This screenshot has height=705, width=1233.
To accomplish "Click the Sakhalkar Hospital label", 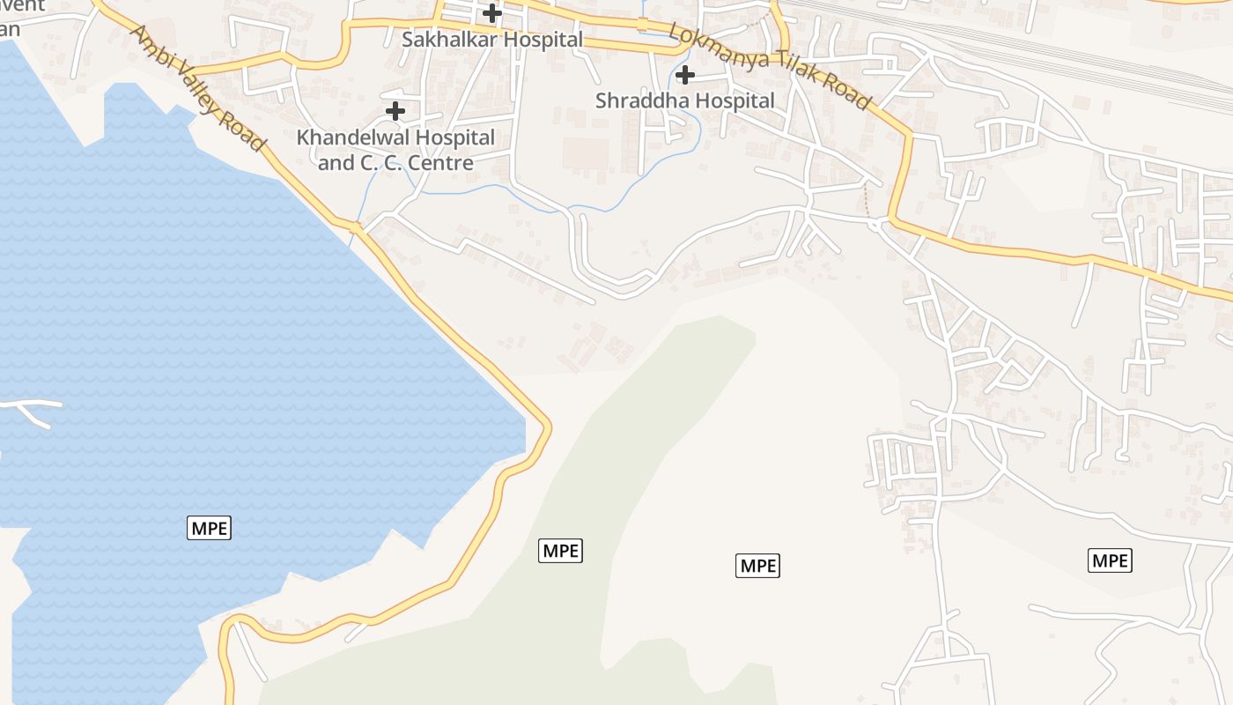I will (x=492, y=40).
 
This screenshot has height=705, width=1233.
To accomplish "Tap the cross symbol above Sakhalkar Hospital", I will (x=492, y=13).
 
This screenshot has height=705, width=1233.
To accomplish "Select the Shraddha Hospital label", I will (x=684, y=100).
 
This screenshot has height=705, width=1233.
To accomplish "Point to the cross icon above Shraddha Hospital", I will (x=684, y=75).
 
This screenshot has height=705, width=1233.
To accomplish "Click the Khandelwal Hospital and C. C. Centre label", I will (x=395, y=150).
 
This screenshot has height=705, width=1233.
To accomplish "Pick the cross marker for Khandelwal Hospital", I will (x=395, y=111).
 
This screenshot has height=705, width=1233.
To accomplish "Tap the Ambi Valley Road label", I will (x=197, y=87).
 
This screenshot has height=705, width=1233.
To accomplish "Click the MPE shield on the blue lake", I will (x=209, y=529).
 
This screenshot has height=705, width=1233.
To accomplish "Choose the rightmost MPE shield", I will (x=1110, y=560).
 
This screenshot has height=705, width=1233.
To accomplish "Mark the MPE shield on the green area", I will (x=560, y=551).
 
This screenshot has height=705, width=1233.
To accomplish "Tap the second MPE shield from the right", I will (x=757, y=566).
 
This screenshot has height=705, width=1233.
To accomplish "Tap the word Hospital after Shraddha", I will (x=734, y=100).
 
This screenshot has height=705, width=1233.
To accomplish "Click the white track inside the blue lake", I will (x=31, y=407).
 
